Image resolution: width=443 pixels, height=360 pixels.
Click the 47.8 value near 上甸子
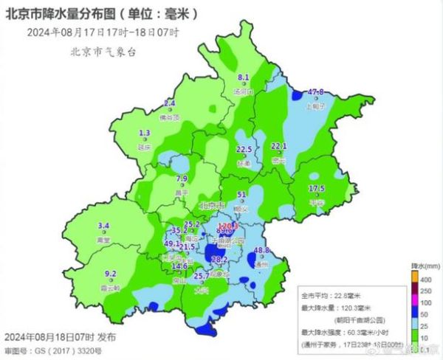pos(316,92)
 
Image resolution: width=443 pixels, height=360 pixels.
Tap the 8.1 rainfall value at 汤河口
pos(243,77)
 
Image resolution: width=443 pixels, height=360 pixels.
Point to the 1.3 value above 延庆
pos(145,133)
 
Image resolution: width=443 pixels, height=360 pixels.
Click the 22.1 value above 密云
pos(279,145)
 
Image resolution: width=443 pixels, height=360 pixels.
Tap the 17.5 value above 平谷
pos(317,188)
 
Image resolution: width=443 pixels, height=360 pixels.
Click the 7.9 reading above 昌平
pos(182,179)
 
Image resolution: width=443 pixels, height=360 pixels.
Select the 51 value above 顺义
pos(241,195)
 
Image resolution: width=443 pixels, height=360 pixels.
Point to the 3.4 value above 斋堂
pos(104,226)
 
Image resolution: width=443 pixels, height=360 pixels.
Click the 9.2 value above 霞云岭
pos(111,274)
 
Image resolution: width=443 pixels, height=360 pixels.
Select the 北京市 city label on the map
pos(213,206)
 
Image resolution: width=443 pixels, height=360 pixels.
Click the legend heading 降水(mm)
pos(425,264)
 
